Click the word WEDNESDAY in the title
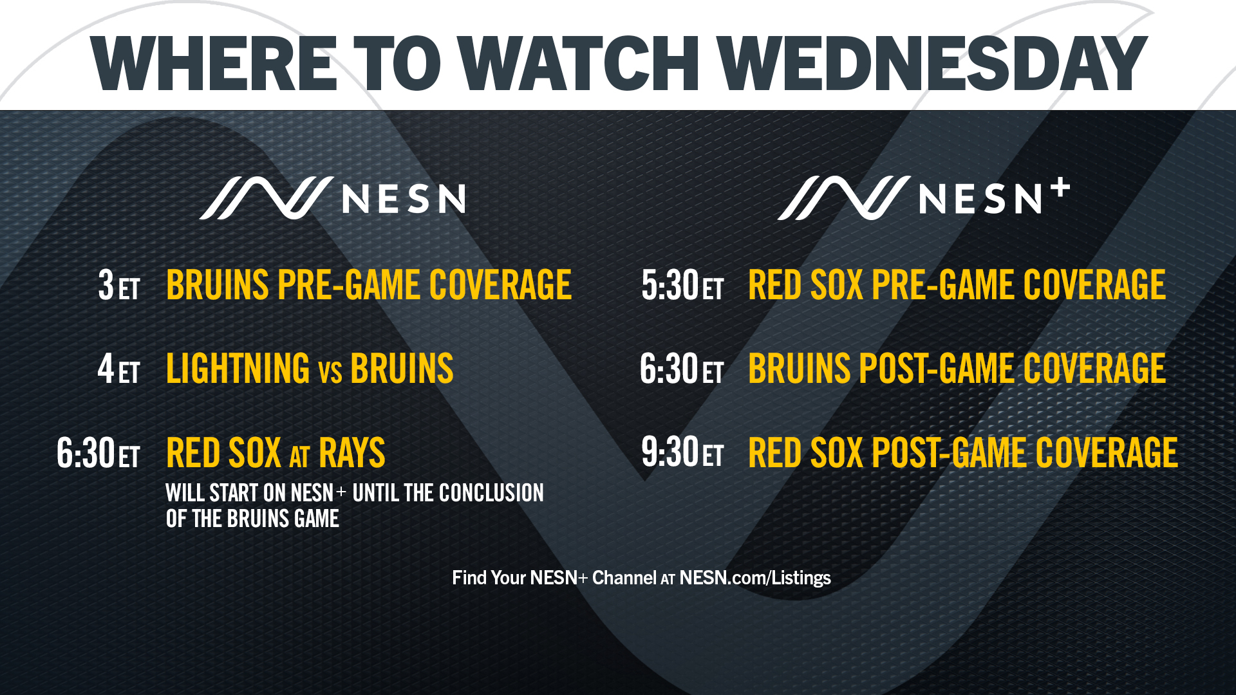tap(932, 63)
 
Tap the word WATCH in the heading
tap(579, 63)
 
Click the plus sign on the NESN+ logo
tap(1060, 189)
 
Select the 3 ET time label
tap(119, 285)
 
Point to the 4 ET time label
tap(119, 369)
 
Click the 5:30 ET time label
tap(682, 285)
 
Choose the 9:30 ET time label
tap(682, 452)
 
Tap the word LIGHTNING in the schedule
tap(238, 369)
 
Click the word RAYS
tap(352, 453)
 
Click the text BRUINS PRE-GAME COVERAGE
tap(369, 285)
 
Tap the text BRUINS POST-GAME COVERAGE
tap(957, 369)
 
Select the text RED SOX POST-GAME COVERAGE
tap(963, 453)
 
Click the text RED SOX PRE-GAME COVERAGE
tap(957, 285)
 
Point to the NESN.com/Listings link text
tap(755, 578)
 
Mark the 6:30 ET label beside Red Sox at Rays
tap(98, 453)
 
